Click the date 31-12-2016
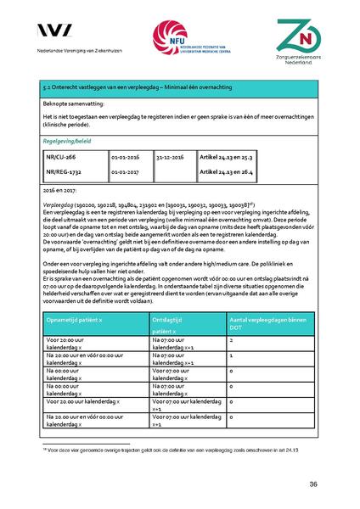pos(171,159)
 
